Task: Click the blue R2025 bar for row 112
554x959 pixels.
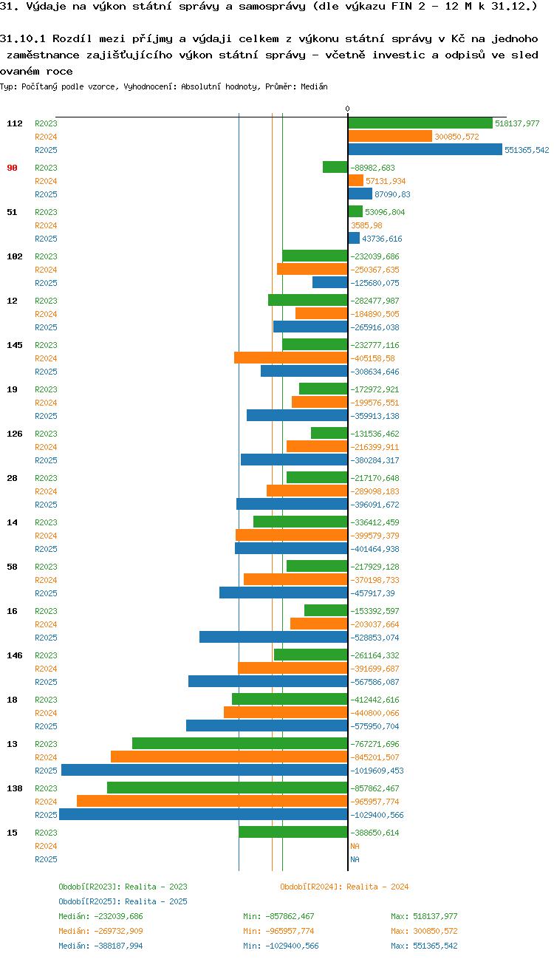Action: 425,150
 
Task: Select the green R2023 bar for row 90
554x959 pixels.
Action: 335,168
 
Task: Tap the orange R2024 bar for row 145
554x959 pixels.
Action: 291,358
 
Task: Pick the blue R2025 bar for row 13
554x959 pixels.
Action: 205,771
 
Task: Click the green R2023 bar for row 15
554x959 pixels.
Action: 293,833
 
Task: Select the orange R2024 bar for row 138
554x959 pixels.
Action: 212,802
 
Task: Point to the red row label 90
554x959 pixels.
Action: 12,168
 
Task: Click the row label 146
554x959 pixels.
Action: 15,655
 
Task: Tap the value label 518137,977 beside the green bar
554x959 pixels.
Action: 517,123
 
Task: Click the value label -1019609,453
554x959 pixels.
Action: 377,771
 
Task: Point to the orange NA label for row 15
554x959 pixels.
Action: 355,846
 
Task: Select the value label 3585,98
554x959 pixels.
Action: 366,225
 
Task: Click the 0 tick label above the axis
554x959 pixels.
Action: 348,109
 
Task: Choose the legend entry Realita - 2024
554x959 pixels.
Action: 344,887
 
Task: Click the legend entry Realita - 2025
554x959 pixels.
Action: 123,901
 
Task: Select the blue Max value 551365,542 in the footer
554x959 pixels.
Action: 424,946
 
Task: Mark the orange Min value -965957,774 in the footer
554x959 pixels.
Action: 278,931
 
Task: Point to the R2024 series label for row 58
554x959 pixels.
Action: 46,580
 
